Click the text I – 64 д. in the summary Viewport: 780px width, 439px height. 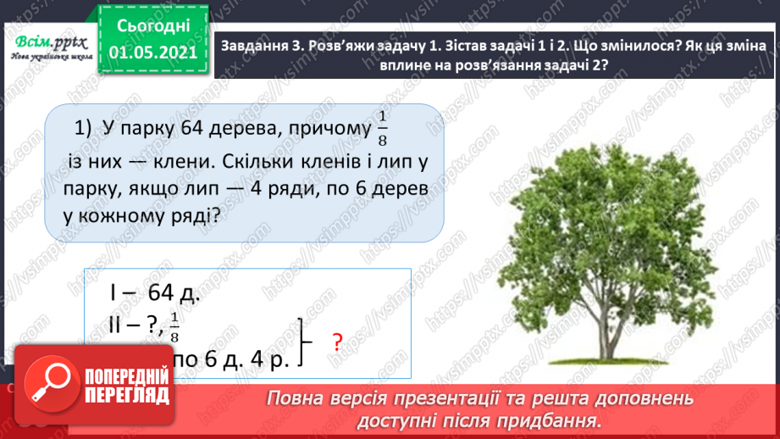pos(155,293)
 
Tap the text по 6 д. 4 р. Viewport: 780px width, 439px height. pos(230,359)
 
